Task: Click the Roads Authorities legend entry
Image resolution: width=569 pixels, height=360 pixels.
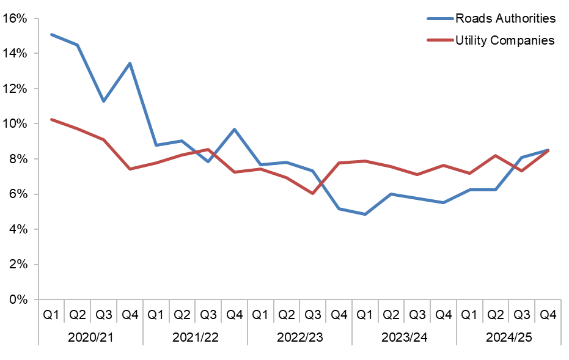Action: point(505,18)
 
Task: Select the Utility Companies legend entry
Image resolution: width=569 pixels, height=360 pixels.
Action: point(504,40)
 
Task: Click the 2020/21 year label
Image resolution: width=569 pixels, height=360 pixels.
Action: point(90,337)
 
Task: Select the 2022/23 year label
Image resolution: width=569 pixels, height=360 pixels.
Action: point(299,337)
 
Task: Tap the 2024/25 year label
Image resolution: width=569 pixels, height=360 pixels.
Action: point(508,337)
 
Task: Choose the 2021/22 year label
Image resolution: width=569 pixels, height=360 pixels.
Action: point(195,337)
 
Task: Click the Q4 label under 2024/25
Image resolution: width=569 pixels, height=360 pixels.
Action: point(548,315)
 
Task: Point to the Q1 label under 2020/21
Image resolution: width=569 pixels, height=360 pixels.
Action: point(51,315)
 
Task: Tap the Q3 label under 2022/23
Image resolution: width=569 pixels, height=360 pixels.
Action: point(312,315)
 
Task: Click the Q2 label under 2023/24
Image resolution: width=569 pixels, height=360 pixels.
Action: point(391,315)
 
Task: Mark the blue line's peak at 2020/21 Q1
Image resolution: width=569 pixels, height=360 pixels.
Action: point(51,34)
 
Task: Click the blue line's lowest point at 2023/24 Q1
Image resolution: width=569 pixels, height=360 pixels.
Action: point(365,215)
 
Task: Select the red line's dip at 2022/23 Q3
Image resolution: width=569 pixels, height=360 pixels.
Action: point(312,193)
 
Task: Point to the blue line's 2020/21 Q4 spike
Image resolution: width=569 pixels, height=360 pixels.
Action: point(130,63)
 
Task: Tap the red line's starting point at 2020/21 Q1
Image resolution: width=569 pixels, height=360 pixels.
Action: point(51,119)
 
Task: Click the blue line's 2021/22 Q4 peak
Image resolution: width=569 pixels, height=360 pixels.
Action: point(234,129)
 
